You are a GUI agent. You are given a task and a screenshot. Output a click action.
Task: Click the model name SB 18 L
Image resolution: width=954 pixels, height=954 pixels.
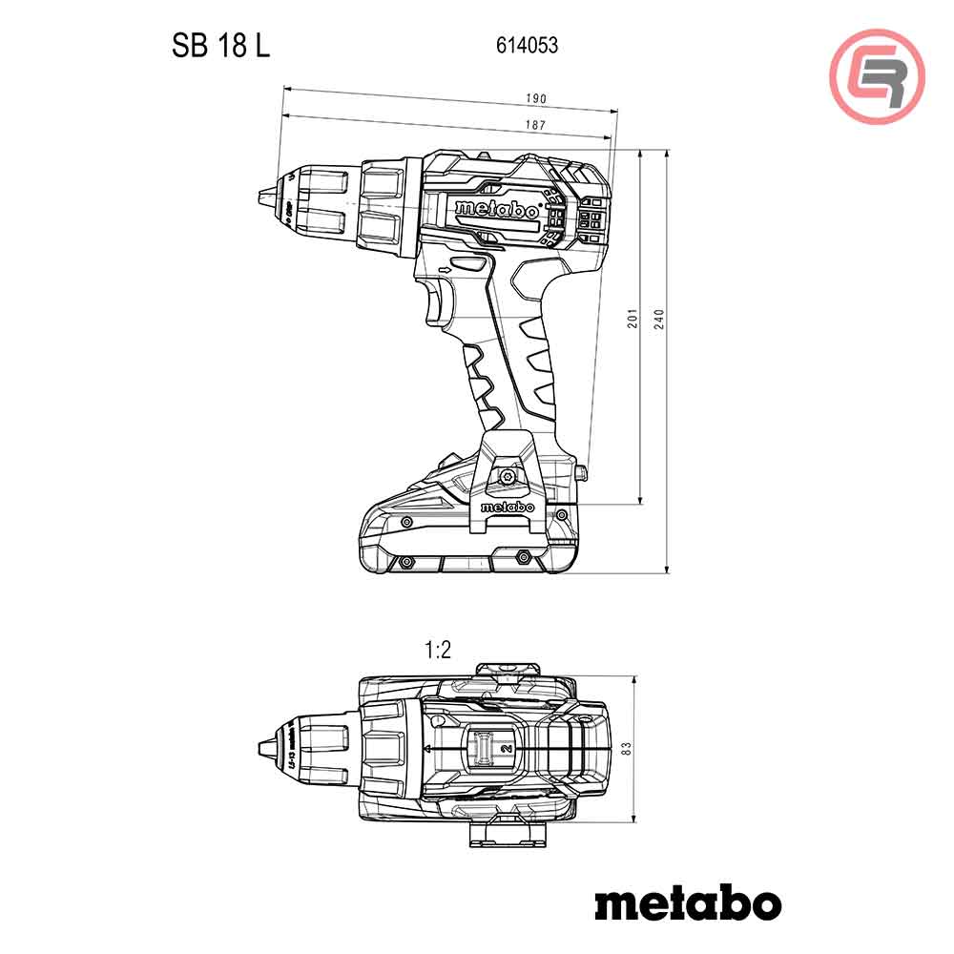click(221, 45)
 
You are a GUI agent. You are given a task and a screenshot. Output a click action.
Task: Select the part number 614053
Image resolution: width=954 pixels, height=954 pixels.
click(527, 45)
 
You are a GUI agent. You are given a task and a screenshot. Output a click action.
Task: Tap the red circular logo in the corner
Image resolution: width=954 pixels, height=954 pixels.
click(877, 76)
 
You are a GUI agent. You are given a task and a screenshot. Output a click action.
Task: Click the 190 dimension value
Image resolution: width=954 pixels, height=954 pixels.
click(536, 98)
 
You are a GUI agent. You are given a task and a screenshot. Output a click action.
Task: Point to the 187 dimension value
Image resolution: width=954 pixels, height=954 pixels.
click(535, 125)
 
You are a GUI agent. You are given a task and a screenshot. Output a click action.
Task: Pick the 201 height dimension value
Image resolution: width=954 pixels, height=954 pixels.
click(632, 320)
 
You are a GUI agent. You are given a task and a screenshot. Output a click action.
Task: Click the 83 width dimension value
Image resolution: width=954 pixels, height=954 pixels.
click(626, 750)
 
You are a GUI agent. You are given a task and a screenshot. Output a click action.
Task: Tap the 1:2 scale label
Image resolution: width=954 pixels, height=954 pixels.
click(437, 651)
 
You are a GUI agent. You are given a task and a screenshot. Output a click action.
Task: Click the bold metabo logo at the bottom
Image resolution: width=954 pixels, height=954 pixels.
click(688, 902)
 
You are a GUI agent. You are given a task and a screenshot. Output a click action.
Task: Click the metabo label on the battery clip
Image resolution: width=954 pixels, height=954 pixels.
click(507, 508)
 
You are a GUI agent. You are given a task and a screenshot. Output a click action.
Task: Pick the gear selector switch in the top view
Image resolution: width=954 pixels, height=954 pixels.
click(485, 748)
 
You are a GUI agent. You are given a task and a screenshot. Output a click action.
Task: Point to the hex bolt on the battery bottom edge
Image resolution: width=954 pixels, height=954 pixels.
click(522, 555)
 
